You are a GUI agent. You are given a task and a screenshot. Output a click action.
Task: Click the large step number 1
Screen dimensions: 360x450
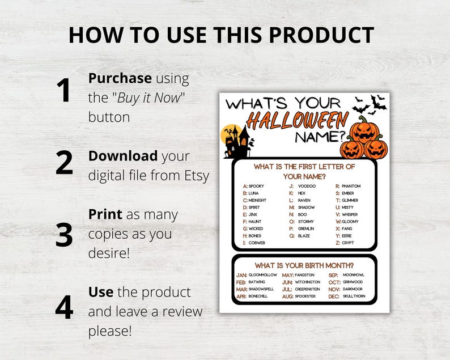(64, 92)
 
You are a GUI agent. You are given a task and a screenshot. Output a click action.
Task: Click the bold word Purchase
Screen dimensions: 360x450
(120, 78)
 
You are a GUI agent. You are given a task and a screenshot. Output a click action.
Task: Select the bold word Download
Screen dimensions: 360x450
(123, 156)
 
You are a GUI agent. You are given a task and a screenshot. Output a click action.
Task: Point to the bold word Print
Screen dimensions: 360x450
(105, 214)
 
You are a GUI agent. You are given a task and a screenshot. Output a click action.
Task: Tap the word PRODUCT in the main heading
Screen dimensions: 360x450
(321, 35)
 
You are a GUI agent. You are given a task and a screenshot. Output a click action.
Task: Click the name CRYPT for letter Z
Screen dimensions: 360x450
(348, 243)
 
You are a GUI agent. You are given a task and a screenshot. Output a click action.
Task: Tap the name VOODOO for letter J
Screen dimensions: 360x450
(307, 186)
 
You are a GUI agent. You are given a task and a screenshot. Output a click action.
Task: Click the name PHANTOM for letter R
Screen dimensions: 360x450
(351, 186)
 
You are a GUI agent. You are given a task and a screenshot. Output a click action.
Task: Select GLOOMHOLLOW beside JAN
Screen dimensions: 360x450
(263, 275)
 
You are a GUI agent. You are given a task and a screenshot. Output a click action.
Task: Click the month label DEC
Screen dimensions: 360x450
(334, 297)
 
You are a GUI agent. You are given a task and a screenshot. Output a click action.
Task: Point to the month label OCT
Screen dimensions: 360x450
(334, 282)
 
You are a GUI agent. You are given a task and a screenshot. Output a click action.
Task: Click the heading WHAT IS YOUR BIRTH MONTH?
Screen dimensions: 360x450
(304, 265)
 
